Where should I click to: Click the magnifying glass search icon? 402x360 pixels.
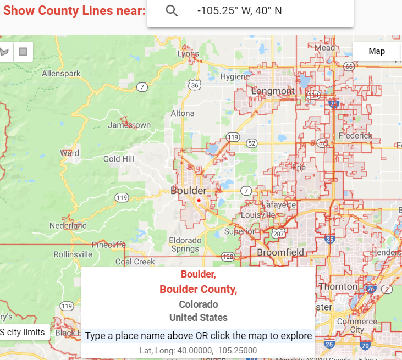click(x=172, y=11)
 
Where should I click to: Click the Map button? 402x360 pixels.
click(x=377, y=51)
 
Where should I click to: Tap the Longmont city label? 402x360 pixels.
click(x=273, y=91)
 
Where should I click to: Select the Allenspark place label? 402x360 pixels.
click(x=61, y=73)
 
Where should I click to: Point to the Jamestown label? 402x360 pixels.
click(x=129, y=125)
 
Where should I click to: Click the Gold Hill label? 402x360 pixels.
click(x=118, y=159)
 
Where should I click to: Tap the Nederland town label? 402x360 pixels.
click(x=68, y=225)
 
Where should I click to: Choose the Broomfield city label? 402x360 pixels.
click(x=280, y=252)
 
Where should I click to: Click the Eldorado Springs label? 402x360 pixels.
click(x=185, y=245)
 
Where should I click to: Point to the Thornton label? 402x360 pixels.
click(x=338, y=286)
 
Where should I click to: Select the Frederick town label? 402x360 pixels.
click(x=355, y=135)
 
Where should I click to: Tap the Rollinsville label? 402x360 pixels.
click(x=73, y=254)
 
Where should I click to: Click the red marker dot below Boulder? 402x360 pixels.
click(x=199, y=201)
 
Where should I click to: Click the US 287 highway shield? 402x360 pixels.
click(x=278, y=234)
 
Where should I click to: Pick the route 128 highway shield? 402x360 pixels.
click(x=228, y=257)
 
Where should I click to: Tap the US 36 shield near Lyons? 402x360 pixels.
click(x=194, y=85)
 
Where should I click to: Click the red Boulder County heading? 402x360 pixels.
click(x=198, y=289)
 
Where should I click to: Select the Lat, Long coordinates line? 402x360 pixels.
click(x=198, y=350)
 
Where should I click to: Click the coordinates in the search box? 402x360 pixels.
click(x=239, y=11)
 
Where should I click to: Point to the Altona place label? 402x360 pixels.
click(x=183, y=113)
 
